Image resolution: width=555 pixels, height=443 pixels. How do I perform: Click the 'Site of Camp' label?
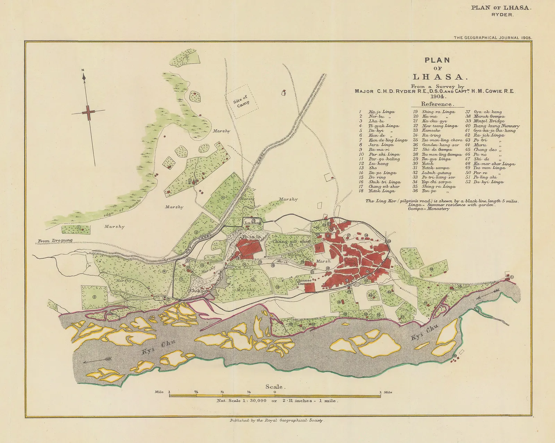[x=241, y=101]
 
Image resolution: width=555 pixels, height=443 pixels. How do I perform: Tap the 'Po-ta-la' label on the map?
[x=251, y=237]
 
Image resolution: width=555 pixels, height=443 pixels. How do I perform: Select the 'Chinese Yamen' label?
[x=304, y=282]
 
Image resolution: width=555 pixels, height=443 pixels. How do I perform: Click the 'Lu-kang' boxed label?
[x=253, y=222]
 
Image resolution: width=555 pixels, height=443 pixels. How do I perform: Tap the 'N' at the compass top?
[x=83, y=70]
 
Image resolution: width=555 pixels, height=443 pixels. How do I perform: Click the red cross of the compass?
[x=88, y=112]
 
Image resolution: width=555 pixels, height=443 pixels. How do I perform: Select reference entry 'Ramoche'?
[x=431, y=130]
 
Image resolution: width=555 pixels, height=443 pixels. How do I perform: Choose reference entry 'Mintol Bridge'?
[x=485, y=121]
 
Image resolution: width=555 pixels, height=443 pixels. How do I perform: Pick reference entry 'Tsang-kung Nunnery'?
[x=496, y=126]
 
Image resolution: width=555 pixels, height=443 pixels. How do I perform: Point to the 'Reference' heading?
[x=436, y=104]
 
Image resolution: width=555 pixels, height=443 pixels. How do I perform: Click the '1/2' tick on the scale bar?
[x=222, y=392]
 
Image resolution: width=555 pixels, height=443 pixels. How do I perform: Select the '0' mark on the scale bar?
[x=275, y=392]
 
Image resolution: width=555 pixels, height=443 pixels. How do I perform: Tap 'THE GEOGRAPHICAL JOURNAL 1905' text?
[x=493, y=37]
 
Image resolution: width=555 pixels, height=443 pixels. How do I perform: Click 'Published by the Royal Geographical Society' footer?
[x=276, y=420]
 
